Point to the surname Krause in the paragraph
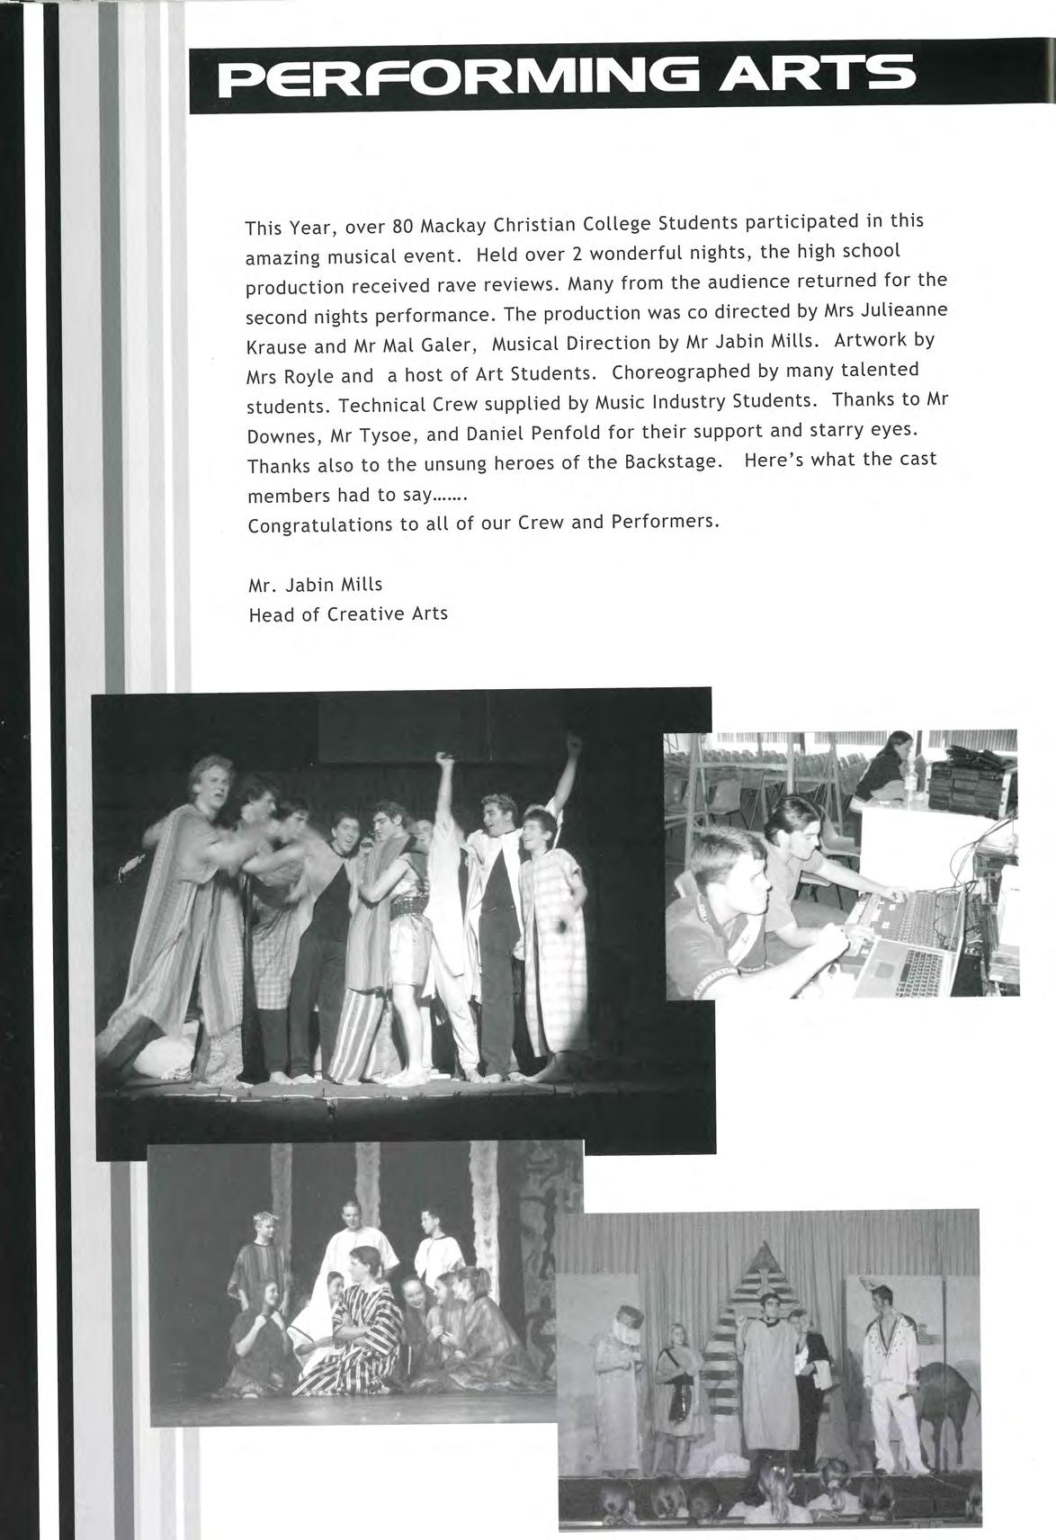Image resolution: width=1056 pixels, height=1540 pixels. [x=275, y=345]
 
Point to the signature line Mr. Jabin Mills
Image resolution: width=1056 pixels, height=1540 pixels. [x=315, y=585]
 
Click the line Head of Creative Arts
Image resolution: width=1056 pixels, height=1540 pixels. [x=347, y=614]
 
